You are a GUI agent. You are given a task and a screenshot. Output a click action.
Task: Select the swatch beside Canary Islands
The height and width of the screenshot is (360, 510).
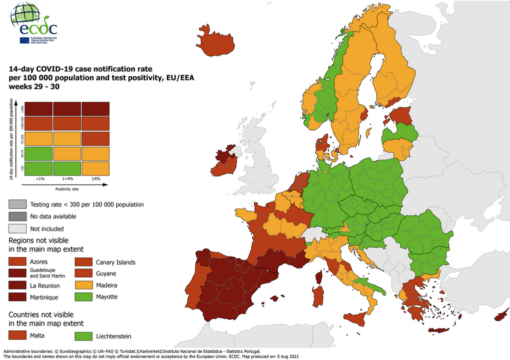tap(84, 261)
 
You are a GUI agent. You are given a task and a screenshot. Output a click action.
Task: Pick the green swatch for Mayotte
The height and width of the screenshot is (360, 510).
tap(84, 296)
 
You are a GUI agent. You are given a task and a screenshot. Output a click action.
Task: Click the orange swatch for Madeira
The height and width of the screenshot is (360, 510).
tap(84, 285)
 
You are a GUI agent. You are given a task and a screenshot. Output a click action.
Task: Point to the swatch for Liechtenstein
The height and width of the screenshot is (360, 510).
tap(84, 336)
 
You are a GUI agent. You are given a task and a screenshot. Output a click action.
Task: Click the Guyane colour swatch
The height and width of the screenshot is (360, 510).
tap(84, 273)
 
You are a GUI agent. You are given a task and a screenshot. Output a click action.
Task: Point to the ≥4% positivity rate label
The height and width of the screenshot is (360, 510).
tap(95, 178)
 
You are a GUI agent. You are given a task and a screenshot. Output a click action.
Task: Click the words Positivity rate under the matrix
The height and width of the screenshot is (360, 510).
tap(67, 189)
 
